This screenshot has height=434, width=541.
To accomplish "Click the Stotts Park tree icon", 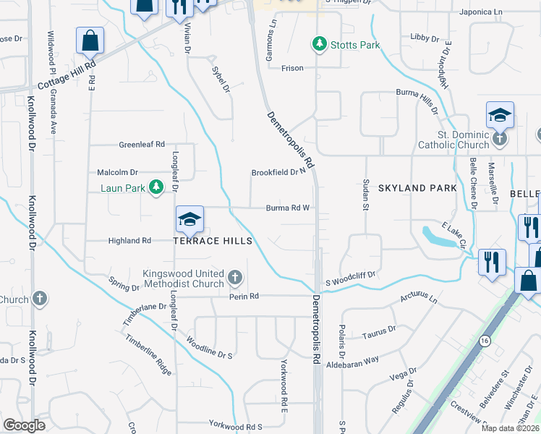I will click(319, 45).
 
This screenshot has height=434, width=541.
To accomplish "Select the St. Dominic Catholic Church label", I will click(453, 140).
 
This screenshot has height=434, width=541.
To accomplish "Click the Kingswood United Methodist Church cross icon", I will click(234, 278).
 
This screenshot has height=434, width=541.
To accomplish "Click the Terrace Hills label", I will click(212, 241).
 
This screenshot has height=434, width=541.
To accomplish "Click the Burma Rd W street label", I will click(287, 208).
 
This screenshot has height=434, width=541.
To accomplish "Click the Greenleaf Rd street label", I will click(142, 144).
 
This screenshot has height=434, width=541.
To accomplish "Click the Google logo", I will click(24, 425).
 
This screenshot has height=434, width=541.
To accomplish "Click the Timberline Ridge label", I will click(148, 354).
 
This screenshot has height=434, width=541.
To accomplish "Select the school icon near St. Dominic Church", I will click(500, 115).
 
